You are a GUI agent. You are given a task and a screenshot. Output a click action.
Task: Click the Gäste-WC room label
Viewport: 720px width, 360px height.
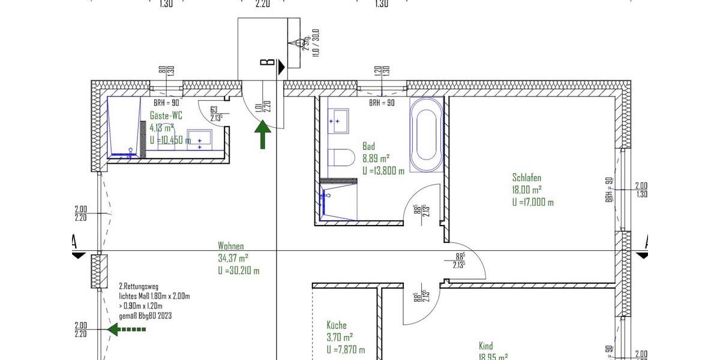point(166,116)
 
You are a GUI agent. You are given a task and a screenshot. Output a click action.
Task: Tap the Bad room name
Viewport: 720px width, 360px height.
point(368,146)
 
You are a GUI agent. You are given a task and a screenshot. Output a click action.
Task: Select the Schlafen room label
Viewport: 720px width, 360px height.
point(527,178)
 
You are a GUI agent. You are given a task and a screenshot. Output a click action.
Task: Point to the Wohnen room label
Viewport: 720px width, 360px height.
point(230,246)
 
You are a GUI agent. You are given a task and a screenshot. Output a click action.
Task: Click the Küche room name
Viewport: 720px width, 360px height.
point(337,325)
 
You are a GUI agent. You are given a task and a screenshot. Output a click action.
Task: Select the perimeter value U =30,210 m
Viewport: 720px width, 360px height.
point(238,271)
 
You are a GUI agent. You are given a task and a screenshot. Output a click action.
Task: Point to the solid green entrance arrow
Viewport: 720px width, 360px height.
point(262,134)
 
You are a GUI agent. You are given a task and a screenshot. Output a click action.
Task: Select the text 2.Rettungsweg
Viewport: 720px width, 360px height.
point(139,286)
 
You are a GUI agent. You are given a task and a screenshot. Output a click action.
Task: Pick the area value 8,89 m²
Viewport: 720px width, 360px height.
point(376,158)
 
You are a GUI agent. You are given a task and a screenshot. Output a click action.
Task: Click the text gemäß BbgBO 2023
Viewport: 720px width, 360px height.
point(145,316)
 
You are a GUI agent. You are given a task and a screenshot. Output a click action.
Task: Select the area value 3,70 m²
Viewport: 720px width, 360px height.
point(340,338)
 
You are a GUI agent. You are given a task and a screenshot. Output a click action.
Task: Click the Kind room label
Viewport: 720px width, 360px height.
point(485,346)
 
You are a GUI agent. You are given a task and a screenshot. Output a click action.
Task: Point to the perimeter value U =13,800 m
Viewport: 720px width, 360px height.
point(383,170)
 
